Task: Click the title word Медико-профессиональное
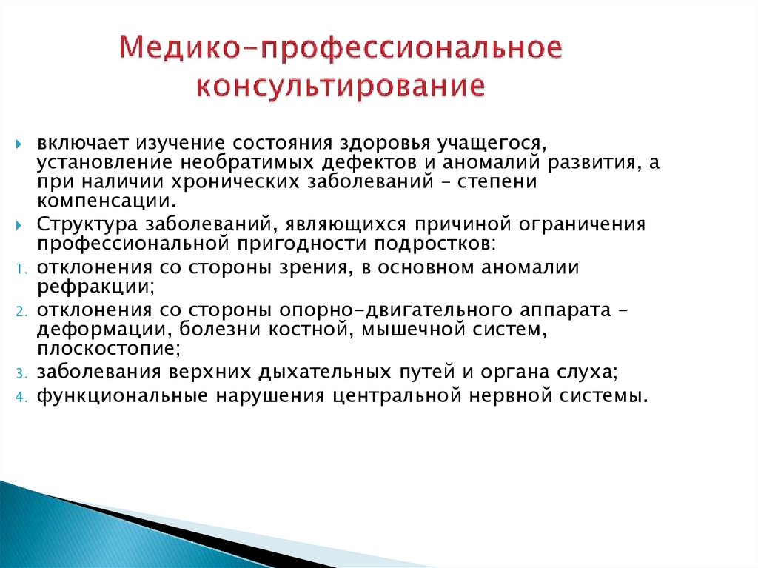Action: (341, 50)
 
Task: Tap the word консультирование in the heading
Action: (341, 85)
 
